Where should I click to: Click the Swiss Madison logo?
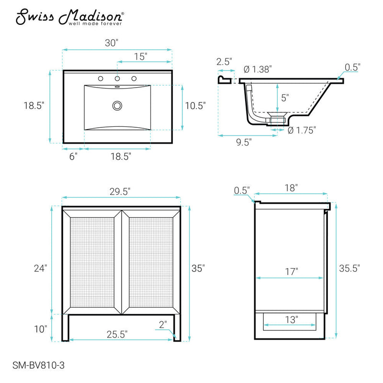coord(69,17)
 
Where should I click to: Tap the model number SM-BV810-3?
coord(39,365)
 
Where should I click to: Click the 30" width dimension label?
coord(112,43)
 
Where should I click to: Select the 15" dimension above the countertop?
coord(141,56)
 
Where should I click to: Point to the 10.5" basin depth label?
coord(195,106)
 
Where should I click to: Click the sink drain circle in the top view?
coord(117,106)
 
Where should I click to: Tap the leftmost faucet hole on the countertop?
coord(101,79)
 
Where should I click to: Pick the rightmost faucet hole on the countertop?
coord(134,79)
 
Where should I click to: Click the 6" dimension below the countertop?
coord(73,157)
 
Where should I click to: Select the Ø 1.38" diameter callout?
coord(258,69)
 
